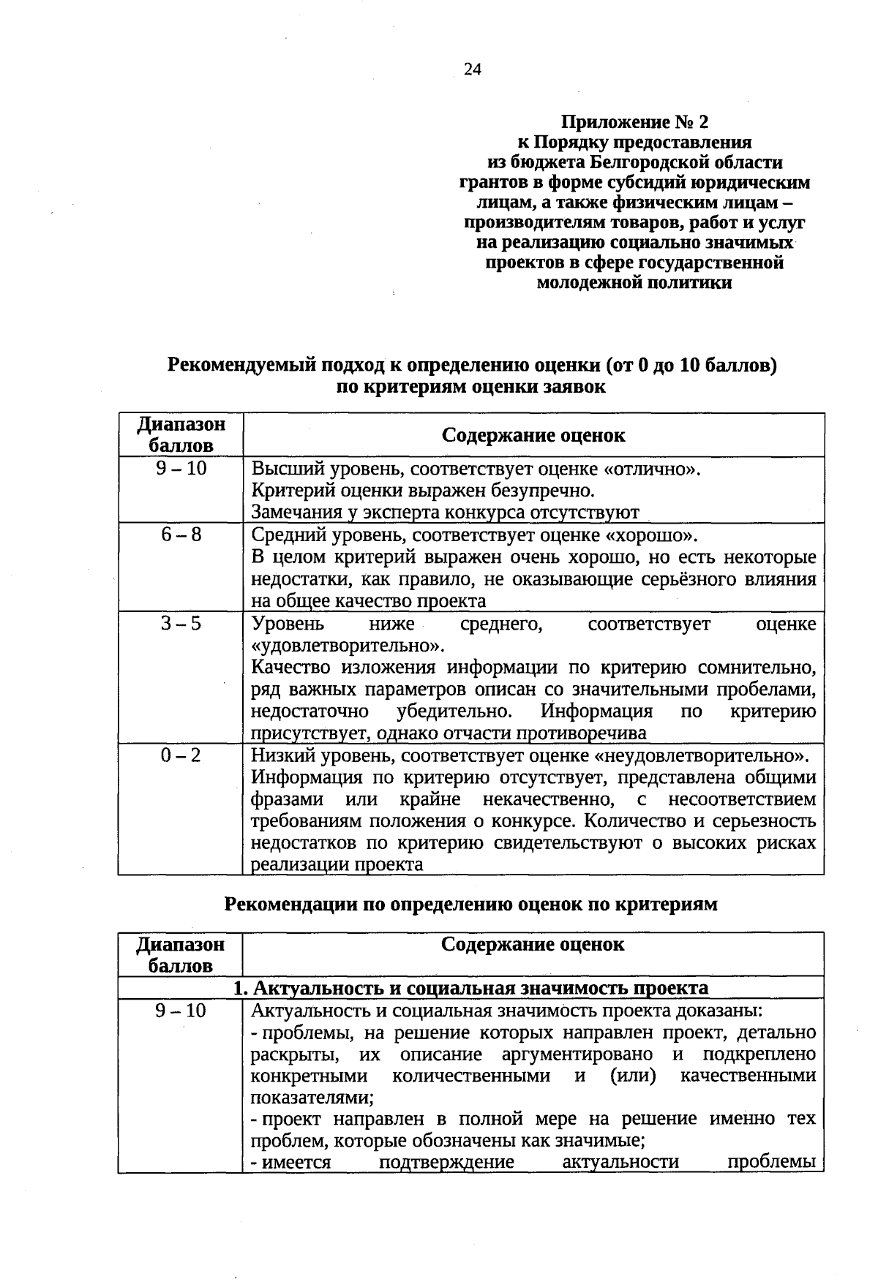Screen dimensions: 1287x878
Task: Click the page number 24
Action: coord(473,69)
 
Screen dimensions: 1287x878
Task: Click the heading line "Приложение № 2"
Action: coord(634,121)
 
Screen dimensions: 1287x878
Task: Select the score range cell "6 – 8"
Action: coord(181,535)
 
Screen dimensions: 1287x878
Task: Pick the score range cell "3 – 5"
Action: coord(181,624)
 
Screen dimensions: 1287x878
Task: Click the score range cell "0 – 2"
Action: coord(181,755)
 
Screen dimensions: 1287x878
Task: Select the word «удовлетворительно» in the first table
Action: coord(347,646)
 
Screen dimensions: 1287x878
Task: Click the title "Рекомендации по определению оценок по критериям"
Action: coord(470,905)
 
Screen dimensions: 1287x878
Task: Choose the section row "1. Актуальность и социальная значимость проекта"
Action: coord(470,989)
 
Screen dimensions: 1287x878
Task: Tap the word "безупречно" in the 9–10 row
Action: coord(545,490)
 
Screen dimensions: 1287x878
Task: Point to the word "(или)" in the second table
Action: coord(632,1076)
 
